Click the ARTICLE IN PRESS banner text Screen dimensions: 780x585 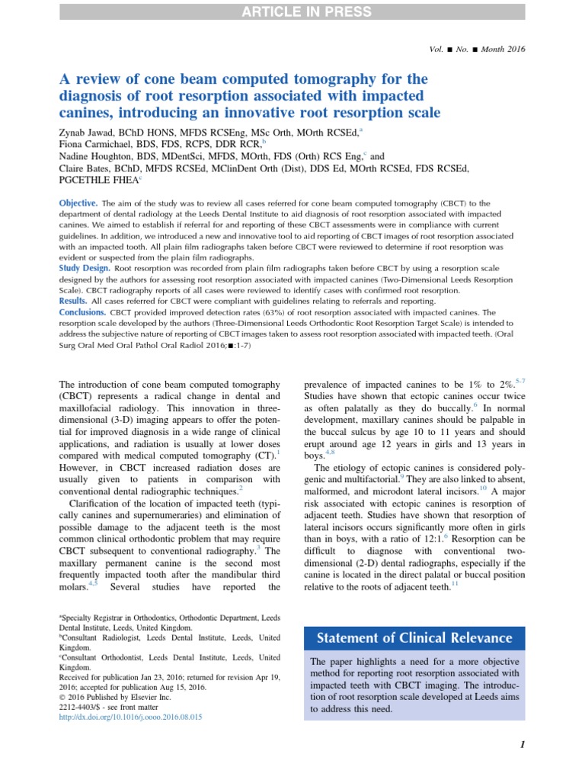pyautogui.click(x=292, y=11)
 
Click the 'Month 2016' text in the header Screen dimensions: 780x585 pyautogui.click(x=503, y=49)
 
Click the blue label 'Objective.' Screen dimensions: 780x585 pyautogui.click(x=78, y=203)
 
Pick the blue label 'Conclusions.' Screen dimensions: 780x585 pyautogui.click(x=83, y=312)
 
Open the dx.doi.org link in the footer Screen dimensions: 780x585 pyautogui.click(x=130, y=718)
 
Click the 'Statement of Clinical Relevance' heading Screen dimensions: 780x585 pyautogui.click(x=414, y=638)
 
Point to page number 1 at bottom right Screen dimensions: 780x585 pyautogui.click(x=522, y=746)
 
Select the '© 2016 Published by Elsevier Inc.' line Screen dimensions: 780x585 pyautogui.click(x=113, y=696)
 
